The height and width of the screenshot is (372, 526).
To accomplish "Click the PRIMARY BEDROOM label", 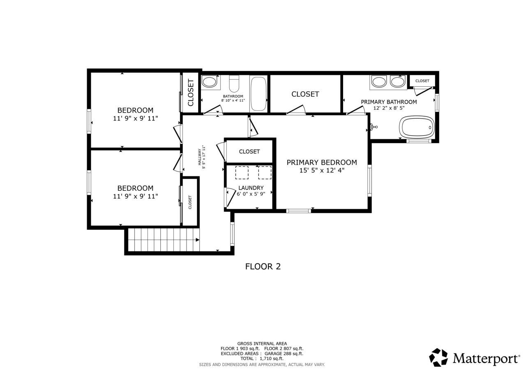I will (x=322, y=162).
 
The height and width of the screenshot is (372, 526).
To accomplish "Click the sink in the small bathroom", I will (x=210, y=82).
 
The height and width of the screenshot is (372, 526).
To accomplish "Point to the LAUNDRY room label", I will (x=251, y=188).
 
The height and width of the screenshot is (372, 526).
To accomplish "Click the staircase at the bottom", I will (x=164, y=240).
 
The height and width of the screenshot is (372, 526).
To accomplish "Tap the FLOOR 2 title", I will (x=263, y=266).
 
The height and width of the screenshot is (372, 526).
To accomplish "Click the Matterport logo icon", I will (x=438, y=358).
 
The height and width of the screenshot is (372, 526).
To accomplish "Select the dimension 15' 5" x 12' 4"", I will (x=322, y=170).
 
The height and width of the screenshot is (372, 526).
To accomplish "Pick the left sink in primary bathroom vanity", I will (x=378, y=81).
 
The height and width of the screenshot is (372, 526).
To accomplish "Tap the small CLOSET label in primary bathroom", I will (x=422, y=81).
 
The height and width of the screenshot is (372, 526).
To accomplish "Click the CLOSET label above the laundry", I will (x=249, y=151).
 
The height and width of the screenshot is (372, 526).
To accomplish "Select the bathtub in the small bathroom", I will (x=258, y=94).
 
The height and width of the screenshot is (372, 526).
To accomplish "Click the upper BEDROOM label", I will (x=135, y=110).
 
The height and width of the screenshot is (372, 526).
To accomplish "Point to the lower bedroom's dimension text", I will (x=135, y=196).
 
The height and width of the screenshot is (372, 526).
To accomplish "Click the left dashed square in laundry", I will (x=242, y=173).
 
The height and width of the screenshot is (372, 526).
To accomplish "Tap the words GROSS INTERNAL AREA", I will (x=262, y=344).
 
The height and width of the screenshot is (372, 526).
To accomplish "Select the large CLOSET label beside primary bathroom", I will (x=305, y=94).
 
